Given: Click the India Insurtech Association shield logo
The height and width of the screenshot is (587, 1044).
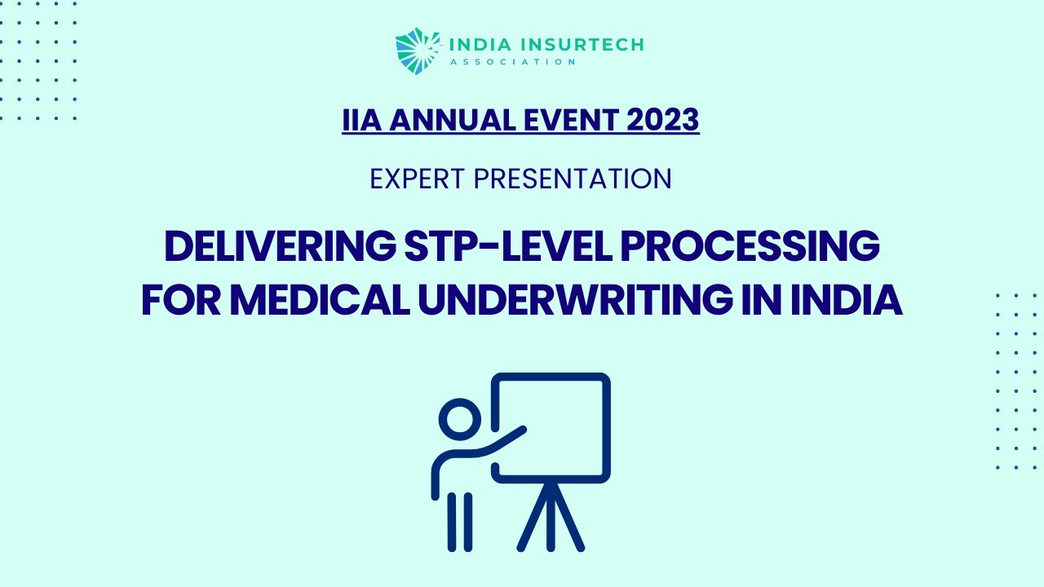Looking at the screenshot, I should click(412, 51).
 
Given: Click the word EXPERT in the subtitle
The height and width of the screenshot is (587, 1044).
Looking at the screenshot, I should click(418, 179).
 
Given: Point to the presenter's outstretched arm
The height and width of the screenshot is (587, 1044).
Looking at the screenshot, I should click(498, 445).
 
